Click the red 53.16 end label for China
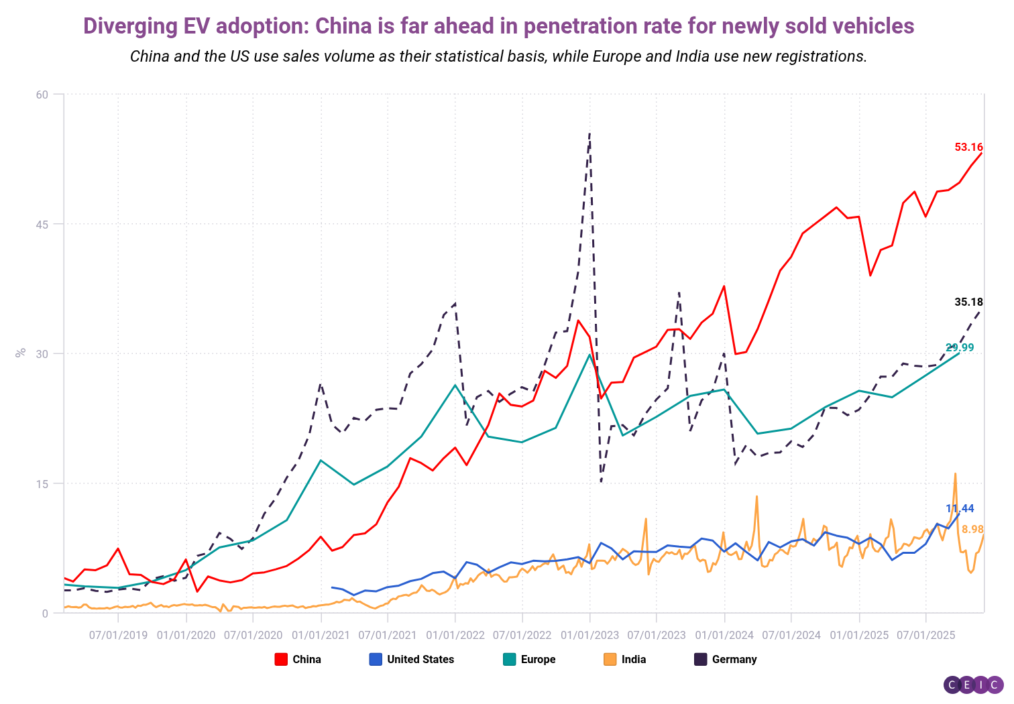click(x=968, y=147)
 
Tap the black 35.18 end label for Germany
click(x=968, y=302)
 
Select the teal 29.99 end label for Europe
click(x=960, y=347)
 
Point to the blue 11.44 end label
click(x=960, y=508)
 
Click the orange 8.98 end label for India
click(x=972, y=530)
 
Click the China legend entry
click(x=298, y=659)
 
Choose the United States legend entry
click(x=412, y=659)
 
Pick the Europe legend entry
click(x=529, y=659)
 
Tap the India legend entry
click(x=625, y=659)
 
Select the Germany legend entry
click(x=726, y=659)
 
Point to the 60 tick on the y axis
click(x=42, y=95)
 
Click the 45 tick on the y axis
click(x=42, y=225)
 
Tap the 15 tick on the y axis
click(x=42, y=484)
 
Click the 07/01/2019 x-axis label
click(x=118, y=635)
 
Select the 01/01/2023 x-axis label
click(x=590, y=635)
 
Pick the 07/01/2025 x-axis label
click(x=925, y=635)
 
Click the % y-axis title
click(x=21, y=353)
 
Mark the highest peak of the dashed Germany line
click(x=589, y=133)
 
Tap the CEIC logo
click(x=973, y=685)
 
